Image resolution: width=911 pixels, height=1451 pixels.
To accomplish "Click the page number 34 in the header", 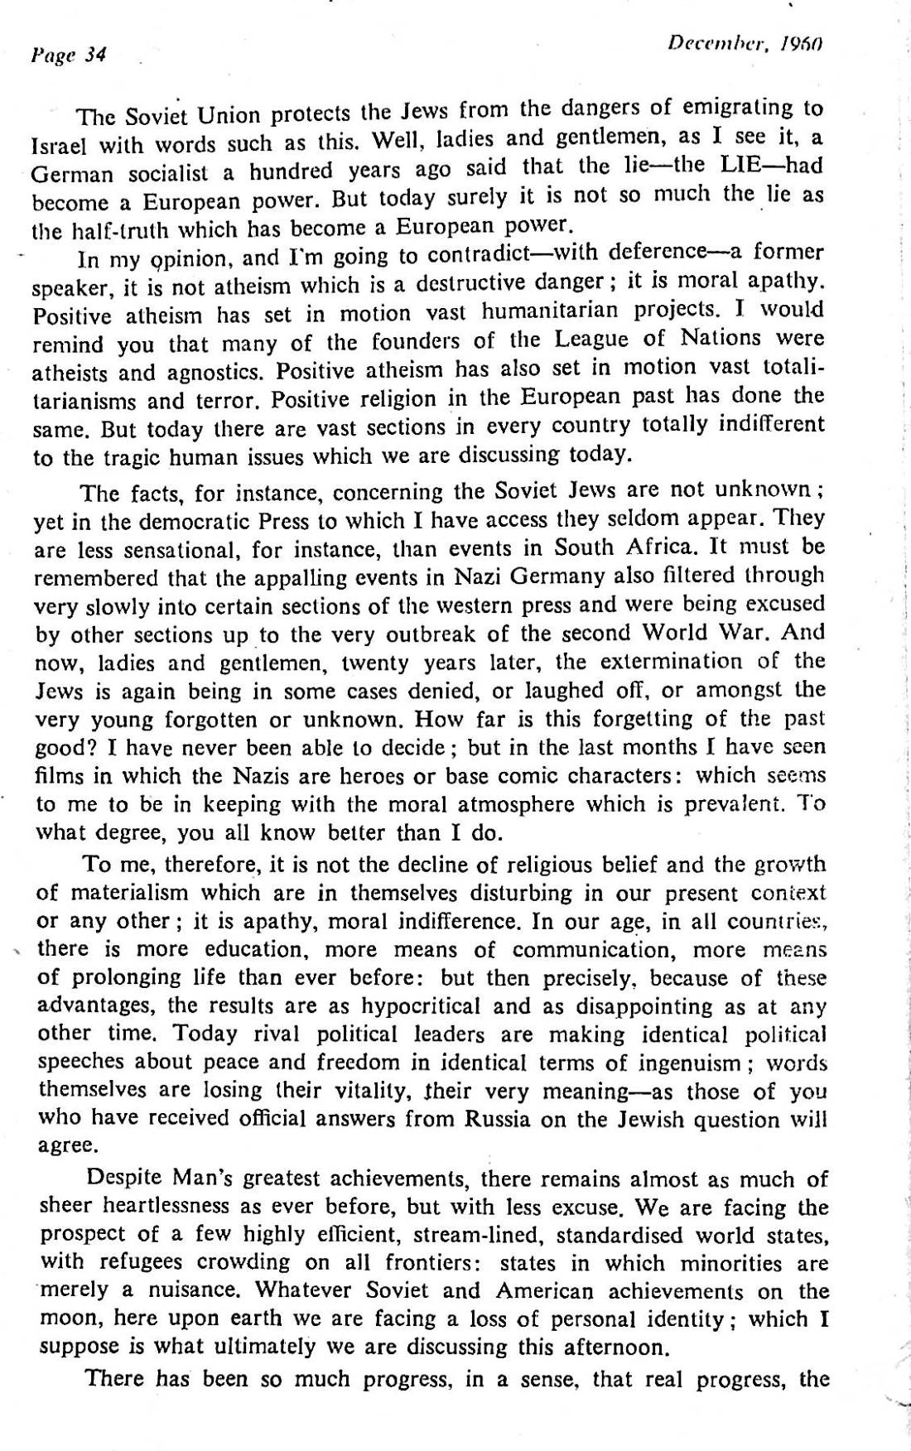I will (x=95, y=55).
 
